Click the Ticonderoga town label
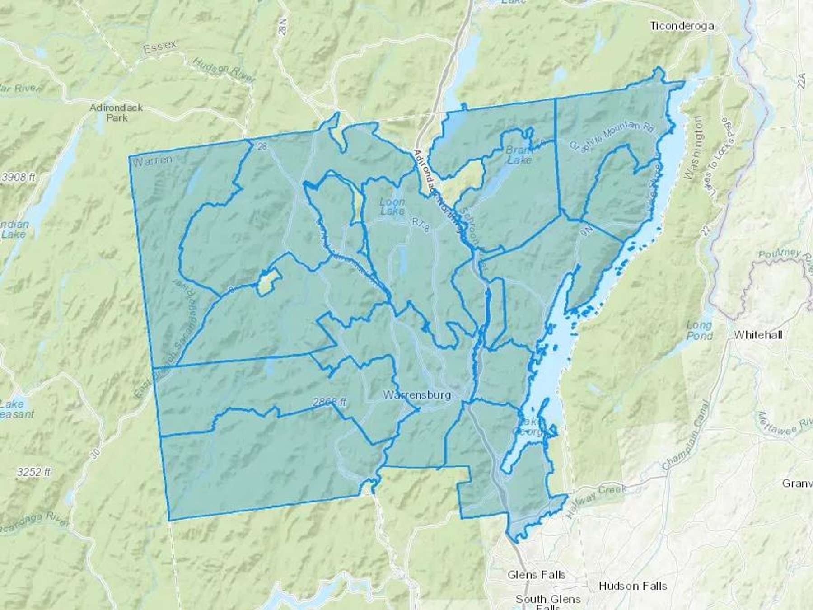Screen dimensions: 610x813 [x=682, y=26]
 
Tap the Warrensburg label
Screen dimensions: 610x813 [x=416, y=394]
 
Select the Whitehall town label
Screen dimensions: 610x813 [x=758, y=335]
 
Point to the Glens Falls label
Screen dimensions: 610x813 [x=537, y=575]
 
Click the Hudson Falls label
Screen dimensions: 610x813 [x=632, y=586]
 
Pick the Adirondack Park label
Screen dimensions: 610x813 [x=116, y=113]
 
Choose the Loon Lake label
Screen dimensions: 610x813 [x=392, y=206]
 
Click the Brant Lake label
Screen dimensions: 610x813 [x=519, y=154]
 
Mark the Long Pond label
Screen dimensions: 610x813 [x=700, y=330]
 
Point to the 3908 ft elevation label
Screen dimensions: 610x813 [x=19, y=177]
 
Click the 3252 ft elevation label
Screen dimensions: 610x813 [x=33, y=472]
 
